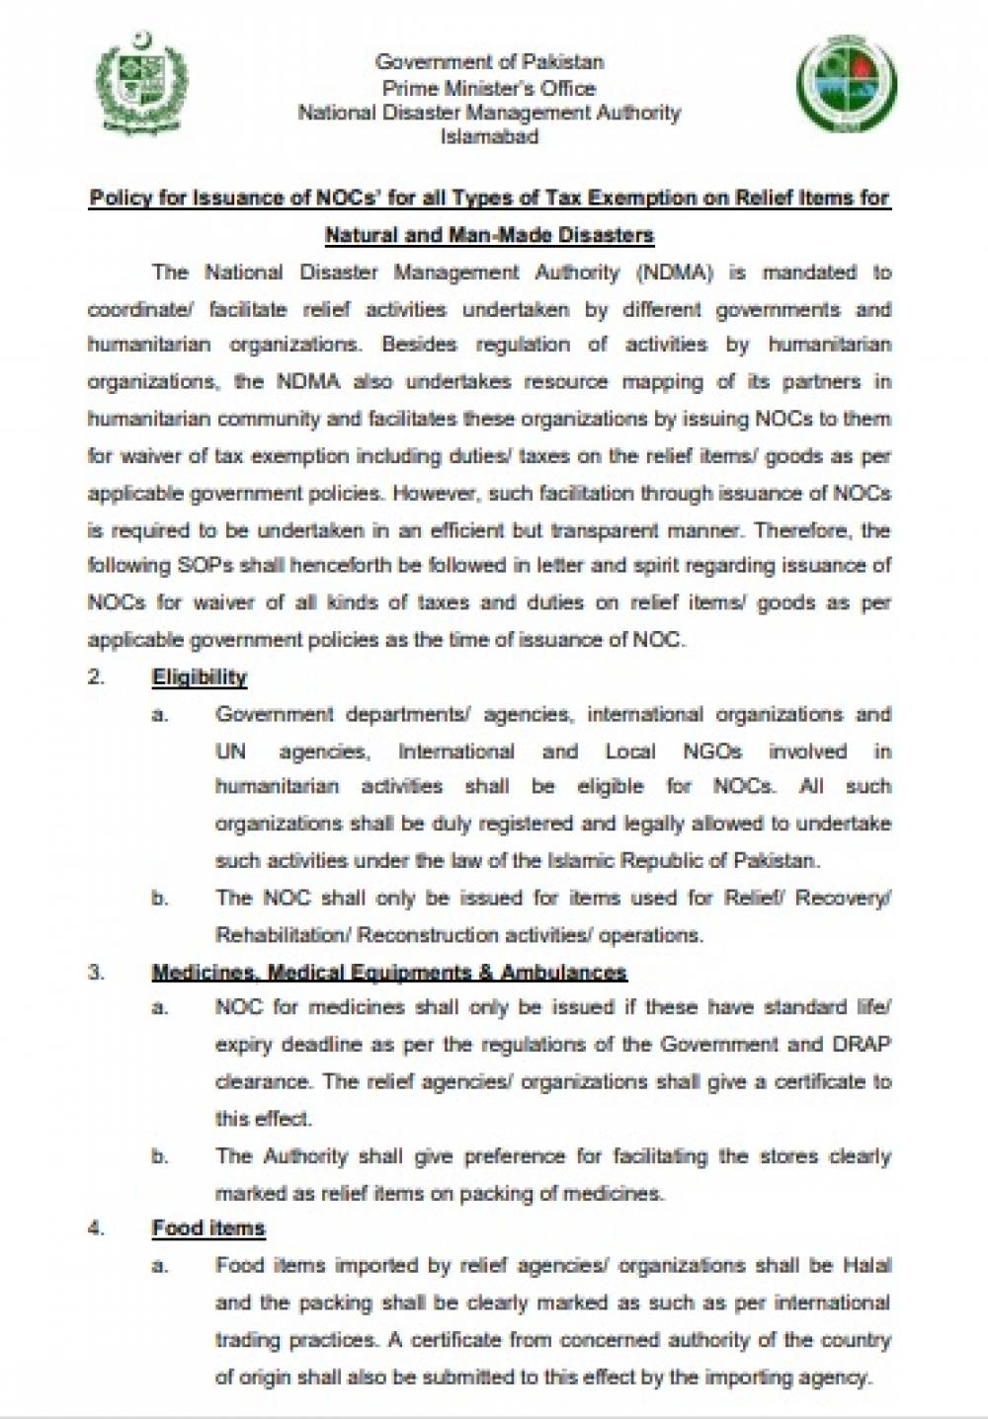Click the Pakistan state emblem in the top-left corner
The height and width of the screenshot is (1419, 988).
point(141,87)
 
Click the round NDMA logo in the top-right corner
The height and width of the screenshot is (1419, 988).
point(847,86)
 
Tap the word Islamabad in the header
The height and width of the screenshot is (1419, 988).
point(489,137)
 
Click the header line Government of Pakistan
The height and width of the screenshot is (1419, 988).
point(489,61)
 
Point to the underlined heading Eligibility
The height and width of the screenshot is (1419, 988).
point(199,677)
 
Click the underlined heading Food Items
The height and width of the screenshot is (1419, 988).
point(208,1228)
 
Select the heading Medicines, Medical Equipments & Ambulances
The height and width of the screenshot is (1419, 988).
point(389,973)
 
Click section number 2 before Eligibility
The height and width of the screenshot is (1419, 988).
point(95,677)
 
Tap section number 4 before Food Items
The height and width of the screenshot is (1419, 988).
point(95,1228)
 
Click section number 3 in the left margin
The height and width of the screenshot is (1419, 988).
point(95,973)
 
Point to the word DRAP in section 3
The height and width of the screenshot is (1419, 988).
point(864,1045)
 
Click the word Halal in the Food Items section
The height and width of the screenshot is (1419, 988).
point(866,1265)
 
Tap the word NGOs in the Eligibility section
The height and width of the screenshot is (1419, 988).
point(711,751)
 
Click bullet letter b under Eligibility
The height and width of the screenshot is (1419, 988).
point(158,899)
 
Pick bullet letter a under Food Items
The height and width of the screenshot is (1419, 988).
point(158,1265)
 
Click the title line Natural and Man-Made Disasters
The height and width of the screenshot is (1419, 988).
point(489,236)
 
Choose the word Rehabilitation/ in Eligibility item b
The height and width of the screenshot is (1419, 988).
point(283,935)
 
